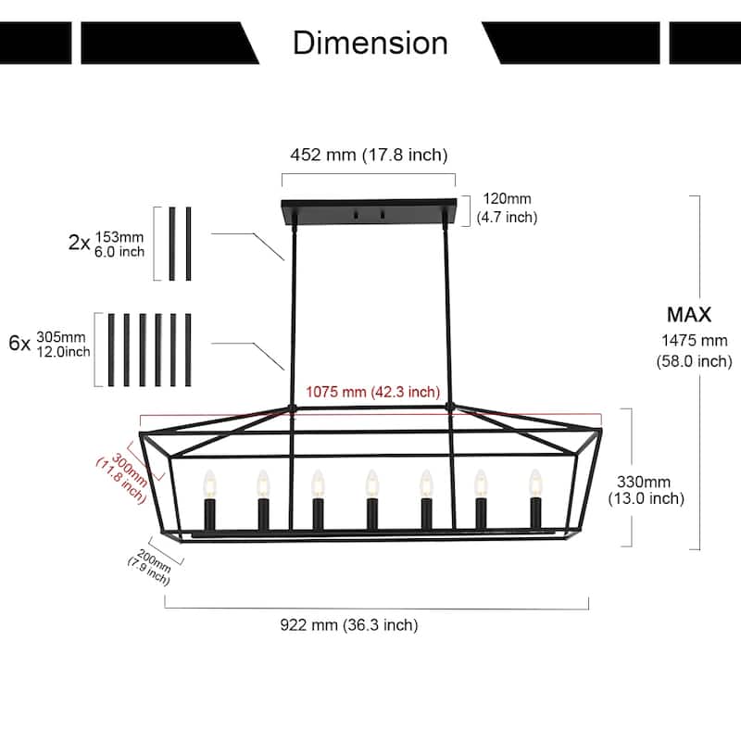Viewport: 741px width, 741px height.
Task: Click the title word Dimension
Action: pos(370,43)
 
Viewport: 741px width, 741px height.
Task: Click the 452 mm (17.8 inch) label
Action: pos(368,155)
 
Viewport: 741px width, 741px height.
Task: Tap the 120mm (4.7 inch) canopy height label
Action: pos(506,208)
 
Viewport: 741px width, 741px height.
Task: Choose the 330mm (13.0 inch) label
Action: pos(646,490)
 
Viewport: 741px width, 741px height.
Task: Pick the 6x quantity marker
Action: pos(19,344)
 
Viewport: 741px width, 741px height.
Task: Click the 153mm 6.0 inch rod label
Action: pos(119,244)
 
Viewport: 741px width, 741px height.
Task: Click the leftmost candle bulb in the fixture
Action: pos(208,483)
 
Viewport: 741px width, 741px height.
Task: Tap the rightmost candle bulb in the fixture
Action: pos(534,482)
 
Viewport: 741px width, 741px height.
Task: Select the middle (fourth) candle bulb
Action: pos(371,483)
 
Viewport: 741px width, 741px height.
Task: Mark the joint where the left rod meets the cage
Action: pos(291,405)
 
